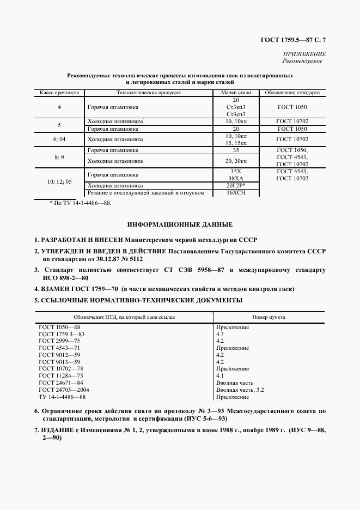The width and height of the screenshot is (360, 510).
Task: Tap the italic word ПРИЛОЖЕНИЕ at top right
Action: tap(304, 54)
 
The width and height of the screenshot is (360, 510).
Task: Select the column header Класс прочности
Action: tap(59, 93)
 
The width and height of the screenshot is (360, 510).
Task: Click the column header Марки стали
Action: tap(235, 93)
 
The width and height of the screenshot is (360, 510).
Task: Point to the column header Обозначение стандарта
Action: tap(292, 93)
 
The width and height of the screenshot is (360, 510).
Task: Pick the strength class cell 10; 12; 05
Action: tap(59, 181)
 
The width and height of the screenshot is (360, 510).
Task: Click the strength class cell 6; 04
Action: tap(59, 139)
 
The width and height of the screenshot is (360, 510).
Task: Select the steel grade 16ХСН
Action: tap(235, 193)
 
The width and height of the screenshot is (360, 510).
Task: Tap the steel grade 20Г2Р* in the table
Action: tap(236, 186)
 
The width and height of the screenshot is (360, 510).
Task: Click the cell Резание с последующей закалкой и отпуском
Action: tap(145, 193)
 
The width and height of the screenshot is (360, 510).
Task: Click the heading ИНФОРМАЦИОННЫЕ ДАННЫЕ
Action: tap(180, 224)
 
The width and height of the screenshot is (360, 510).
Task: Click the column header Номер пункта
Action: tap(269, 317)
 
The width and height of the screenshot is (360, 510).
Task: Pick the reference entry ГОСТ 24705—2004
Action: tap(64, 390)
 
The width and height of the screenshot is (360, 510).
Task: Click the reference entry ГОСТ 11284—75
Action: tap(60, 376)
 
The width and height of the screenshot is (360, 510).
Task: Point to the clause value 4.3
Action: tap(220, 333)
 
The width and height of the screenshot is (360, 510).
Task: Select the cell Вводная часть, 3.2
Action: tap(240, 390)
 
